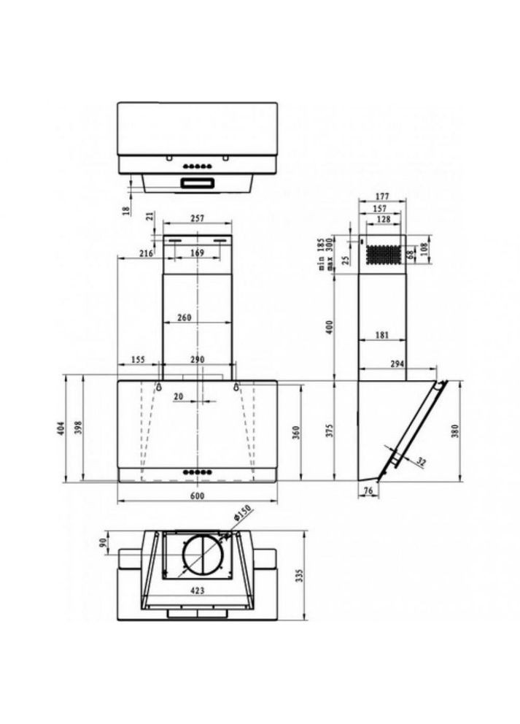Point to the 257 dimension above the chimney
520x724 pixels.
coord(198,218)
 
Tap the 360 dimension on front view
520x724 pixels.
coord(296,432)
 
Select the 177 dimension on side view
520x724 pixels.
coord(381,195)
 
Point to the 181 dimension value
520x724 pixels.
coord(381,335)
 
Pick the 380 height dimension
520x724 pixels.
coord(456,432)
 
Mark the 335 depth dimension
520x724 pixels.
coord(299,576)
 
